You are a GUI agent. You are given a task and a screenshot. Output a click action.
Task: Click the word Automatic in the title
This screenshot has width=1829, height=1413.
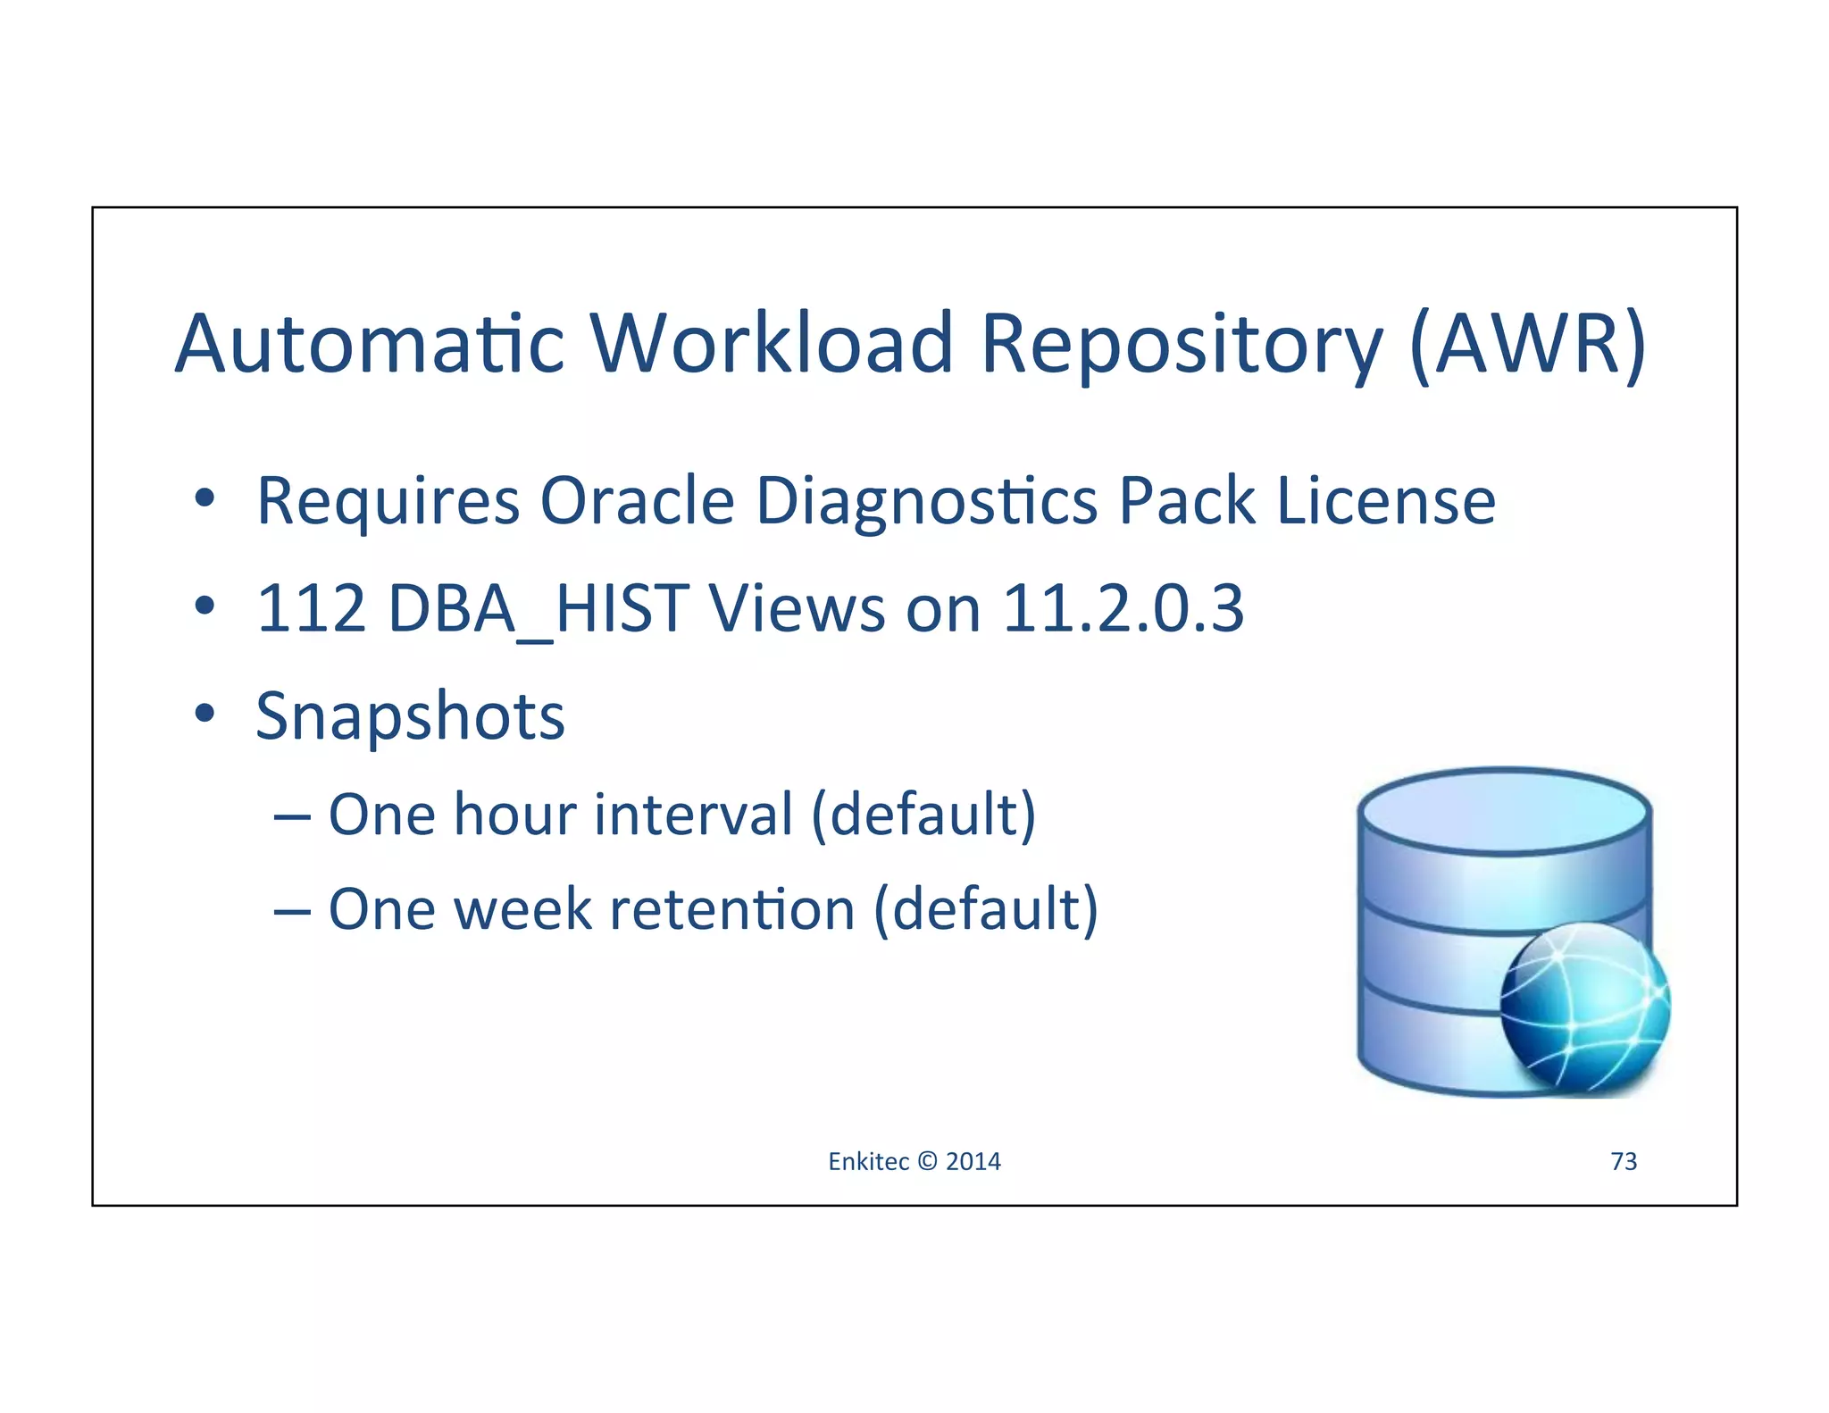click(370, 344)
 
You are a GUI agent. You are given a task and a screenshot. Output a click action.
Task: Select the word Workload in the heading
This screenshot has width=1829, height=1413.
click(772, 344)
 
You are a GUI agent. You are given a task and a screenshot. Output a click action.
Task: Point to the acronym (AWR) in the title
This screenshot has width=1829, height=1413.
click(1528, 344)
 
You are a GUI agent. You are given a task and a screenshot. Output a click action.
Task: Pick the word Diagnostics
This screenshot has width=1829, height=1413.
click(926, 503)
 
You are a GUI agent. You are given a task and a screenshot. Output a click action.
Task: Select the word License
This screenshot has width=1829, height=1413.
click(1386, 501)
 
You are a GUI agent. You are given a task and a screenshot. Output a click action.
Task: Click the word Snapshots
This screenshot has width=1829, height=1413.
click(410, 717)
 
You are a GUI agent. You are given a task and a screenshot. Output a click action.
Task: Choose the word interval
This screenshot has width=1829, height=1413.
click(693, 815)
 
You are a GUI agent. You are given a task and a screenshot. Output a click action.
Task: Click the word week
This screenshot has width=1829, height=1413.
click(522, 909)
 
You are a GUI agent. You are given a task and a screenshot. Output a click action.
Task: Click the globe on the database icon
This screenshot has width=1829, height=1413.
click(1584, 1007)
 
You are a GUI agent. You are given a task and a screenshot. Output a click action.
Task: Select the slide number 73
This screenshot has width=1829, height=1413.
click(1623, 1161)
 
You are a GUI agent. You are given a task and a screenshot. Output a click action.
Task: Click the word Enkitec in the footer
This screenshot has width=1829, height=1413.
click(868, 1161)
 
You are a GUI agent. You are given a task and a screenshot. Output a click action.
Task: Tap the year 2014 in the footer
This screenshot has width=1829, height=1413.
click(973, 1161)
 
